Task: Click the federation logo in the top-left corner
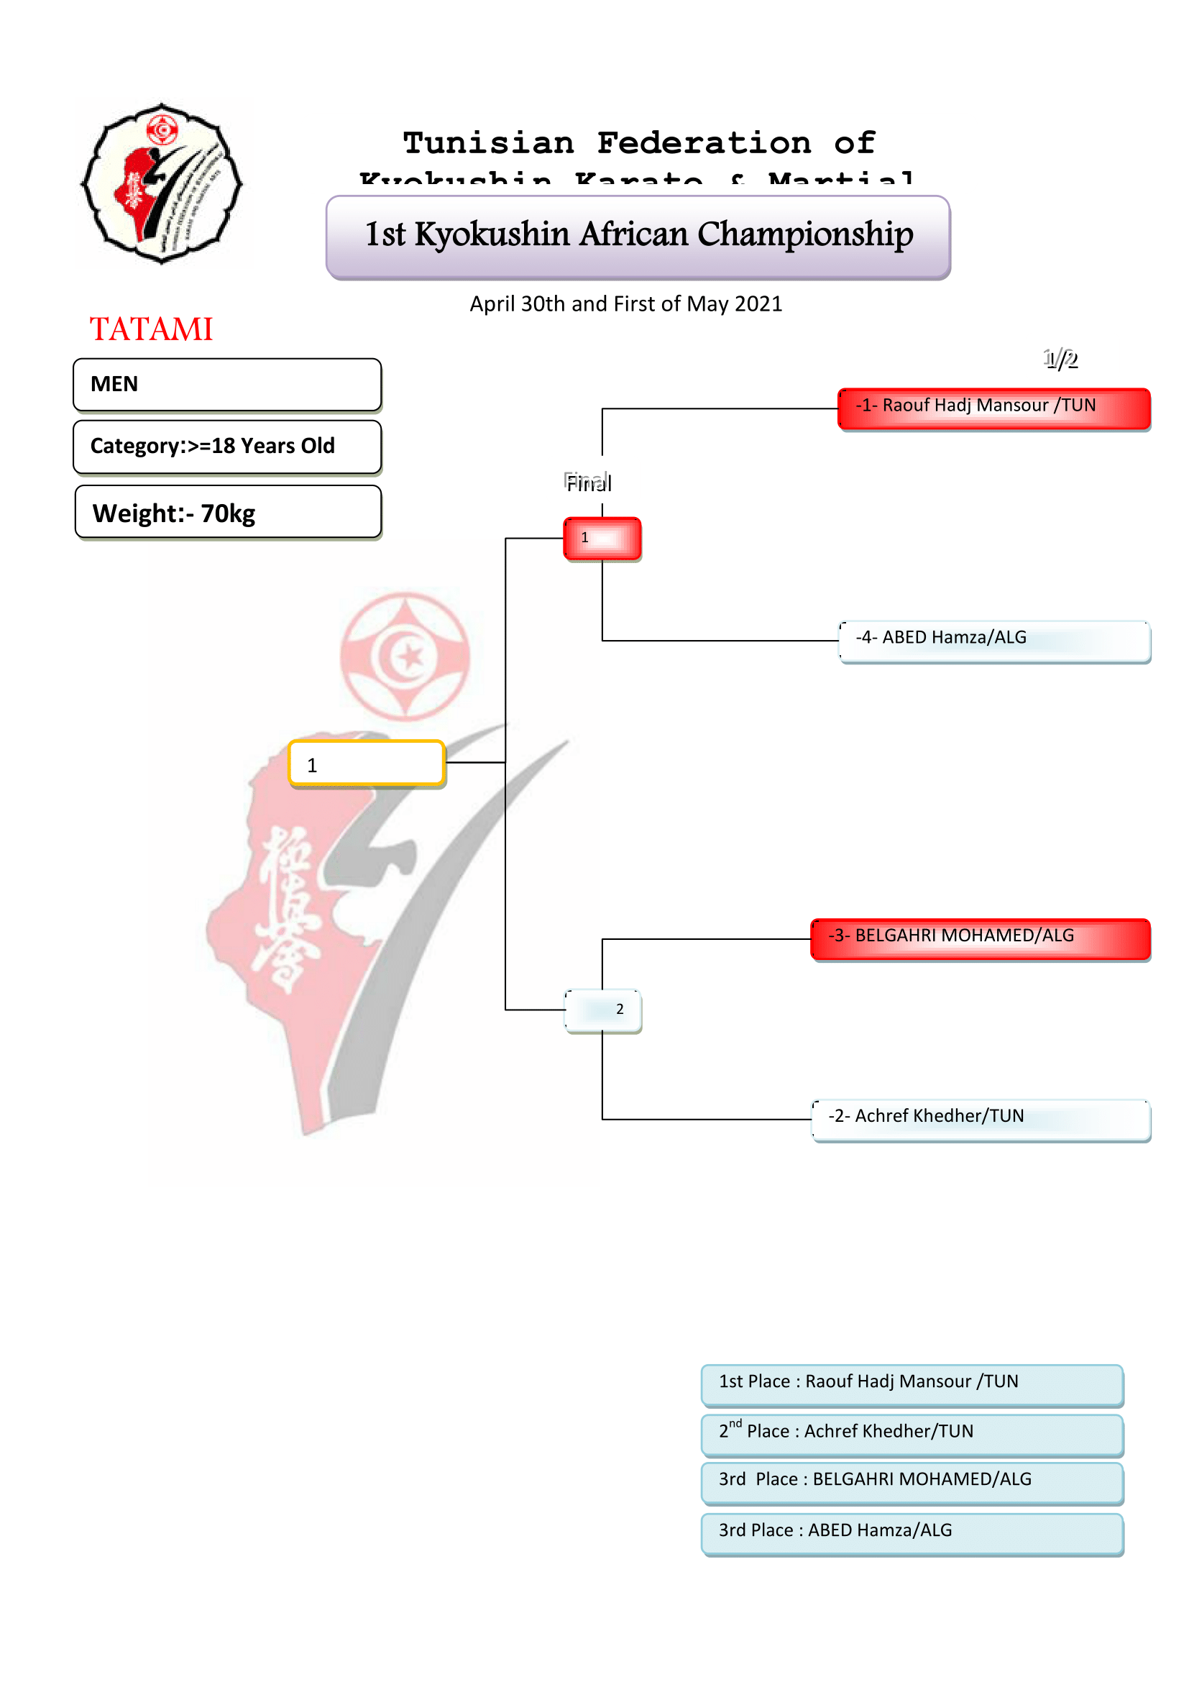click(x=162, y=183)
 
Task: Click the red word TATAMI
click(x=151, y=329)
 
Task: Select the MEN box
click(x=227, y=385)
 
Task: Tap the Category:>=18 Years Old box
click(x=227, y=446)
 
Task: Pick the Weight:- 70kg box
click(x=228, y=512)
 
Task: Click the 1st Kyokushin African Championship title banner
click(x=638, y=237)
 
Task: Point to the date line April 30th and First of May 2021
click(x=626, y=304)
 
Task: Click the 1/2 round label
click(x=1060, y=359)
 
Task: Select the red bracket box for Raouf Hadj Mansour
click(x=993, y=408)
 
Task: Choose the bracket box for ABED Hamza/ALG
click(x=994, y=641)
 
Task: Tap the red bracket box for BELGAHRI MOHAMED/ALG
click(x=981, y=938)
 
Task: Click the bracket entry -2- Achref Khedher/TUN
click(x=981, y=1120)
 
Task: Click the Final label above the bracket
click(x=588, y=483)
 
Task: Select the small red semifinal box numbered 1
click(x=602, y=539)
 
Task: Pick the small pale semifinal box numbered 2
click(x=602, y=1010)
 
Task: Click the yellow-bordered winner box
click(x=367, y=764)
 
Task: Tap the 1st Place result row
click(x=912, y=1384)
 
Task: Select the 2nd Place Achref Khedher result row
click(x=912, y=1435)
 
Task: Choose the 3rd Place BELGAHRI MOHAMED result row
click(x=912, y=1483)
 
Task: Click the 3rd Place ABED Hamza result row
click(x=912, y=1533)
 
